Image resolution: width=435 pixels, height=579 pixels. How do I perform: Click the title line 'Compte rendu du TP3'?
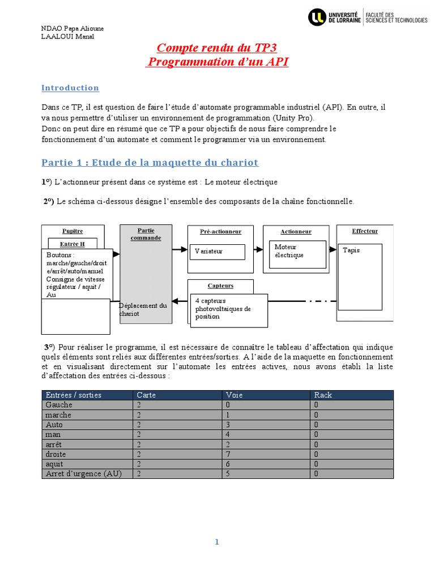[217, 47]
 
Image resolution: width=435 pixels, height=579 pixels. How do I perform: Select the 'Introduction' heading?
[70, 88]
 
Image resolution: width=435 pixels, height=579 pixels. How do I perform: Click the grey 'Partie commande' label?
[146, 234]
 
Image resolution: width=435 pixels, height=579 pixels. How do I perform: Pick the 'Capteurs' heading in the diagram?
[220, 286]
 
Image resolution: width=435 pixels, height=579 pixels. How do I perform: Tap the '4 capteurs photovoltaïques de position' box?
[228, 309]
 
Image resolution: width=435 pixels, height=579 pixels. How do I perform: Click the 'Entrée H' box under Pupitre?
[72, 243]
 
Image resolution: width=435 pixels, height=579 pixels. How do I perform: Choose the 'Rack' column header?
[323, 395]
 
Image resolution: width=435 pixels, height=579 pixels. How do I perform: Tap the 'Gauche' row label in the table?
[59, 405]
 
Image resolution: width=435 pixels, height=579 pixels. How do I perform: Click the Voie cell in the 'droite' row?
[228, 454]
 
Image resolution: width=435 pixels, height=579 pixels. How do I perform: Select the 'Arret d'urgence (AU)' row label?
[84, 473]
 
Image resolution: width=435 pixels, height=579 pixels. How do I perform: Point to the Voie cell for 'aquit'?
[228, 464]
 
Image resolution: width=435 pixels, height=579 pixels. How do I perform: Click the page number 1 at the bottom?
[216, 542]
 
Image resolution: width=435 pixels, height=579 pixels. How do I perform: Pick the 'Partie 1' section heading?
[150, 163]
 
